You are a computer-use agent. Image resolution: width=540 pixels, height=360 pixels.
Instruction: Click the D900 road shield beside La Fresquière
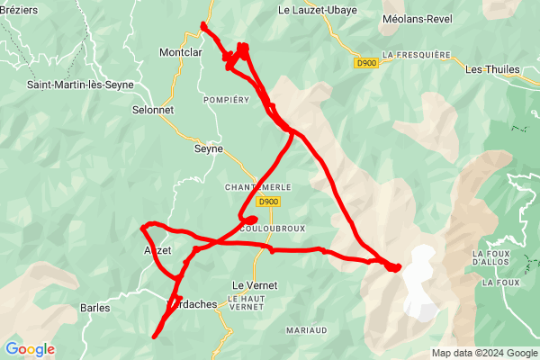pos(366,63)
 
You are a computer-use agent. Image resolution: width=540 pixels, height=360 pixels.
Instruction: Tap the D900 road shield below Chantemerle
pos(269,203)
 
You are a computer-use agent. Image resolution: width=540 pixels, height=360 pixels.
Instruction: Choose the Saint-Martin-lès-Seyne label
pos(80,85)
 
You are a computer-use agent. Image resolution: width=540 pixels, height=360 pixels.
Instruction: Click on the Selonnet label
pos(152,110)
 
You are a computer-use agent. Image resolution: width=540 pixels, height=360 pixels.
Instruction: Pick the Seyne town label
pos(209,149)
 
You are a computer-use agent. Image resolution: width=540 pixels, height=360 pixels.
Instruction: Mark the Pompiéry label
pos(226,99)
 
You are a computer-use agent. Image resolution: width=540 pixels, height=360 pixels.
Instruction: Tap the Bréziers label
pos(22,10)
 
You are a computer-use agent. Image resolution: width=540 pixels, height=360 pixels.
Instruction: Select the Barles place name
pos(94,308)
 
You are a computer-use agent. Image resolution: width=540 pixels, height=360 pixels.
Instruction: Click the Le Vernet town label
pos(255,285)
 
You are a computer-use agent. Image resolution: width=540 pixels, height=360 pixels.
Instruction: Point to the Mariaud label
pos(306,330)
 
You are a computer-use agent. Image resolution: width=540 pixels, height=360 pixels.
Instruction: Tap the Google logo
pos(30,349)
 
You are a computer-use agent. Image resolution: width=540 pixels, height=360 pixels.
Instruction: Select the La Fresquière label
pos(416,54)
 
